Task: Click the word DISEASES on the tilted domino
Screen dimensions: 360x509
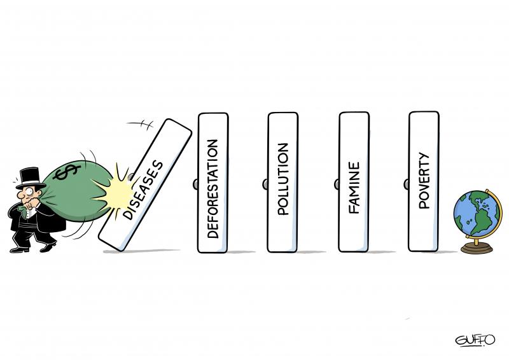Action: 143,190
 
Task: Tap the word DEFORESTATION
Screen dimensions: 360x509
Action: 213,188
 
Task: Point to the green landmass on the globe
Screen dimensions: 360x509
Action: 480,212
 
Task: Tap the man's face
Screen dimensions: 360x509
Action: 25,195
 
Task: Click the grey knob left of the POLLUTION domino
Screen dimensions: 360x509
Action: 265,184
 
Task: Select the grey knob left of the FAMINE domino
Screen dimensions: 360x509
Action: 336,184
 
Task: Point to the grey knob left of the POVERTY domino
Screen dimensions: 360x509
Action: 406,184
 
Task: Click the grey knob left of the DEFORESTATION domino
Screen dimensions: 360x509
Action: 195,184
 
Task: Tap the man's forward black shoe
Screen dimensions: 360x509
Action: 48,246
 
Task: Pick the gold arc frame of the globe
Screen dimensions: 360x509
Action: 498,204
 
